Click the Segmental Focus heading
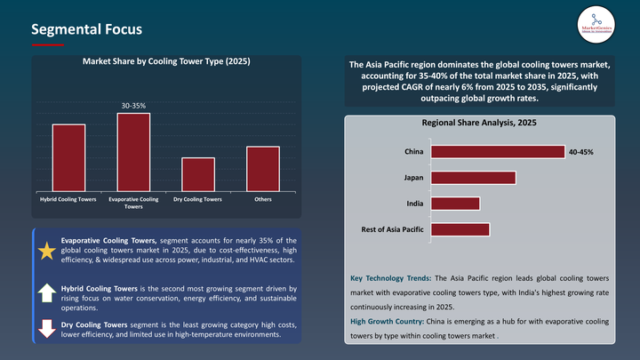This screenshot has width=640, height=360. pyautogui.click(x=86, y=29)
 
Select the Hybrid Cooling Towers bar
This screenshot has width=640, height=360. pyautogui.click(x=68, y=156)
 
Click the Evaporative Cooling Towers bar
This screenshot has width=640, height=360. pyautogui.click(x=133, y=150)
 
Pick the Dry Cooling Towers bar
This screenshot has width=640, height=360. pyautogui.click(x=198, y=172)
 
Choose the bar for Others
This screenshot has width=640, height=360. pyautogui.click(x=262, y=167)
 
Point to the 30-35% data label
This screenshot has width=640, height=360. pyautogui.click(x=133, y=106)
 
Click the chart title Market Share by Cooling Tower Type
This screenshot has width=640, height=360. pyautogui.click(x=166, y=62)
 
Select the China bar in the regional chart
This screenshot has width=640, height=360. pyautogui.click(x=497, y=152)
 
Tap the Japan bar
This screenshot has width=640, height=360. pyautogui.click(x=473, y=178)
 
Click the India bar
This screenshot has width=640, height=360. pyautogui.click(x=454, y=204)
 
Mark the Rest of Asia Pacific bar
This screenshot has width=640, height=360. pyautogui.click(x=460, y=229)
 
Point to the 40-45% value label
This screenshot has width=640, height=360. pyautogui.click(x=580, y=153)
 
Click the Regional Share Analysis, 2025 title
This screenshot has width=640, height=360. pyautogui.click(x=480, y=123)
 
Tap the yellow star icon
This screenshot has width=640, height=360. pyautogui.click(x=46, y=251)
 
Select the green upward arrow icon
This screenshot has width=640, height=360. pyautogui.click(x=46, y=293)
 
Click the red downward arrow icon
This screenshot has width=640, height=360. pyautogui.click(x=46, y=328)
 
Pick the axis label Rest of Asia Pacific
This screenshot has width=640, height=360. pyautogui.click(x=392, y=229)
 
